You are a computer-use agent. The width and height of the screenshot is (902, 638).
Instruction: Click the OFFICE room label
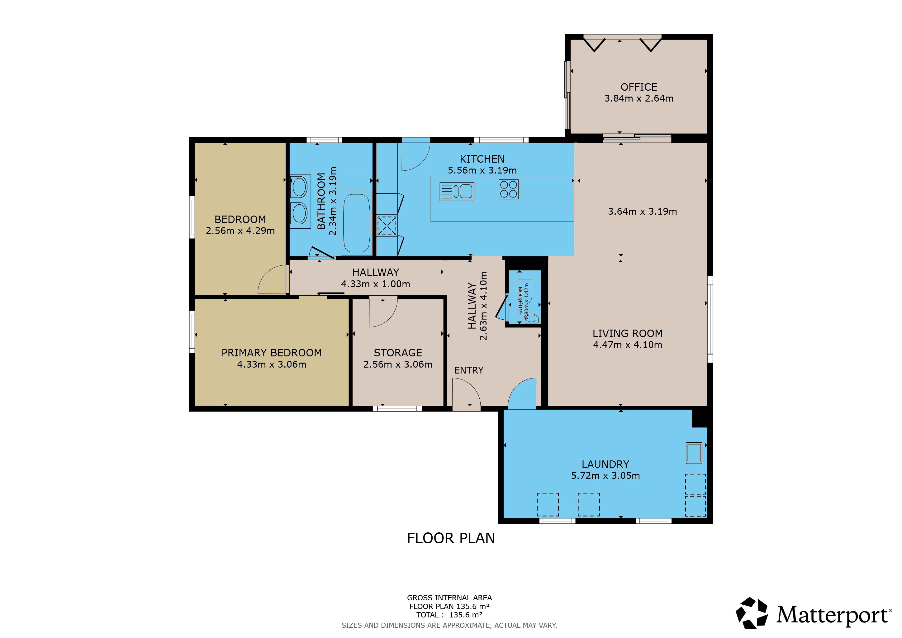pyautogui.click(x=639, y=87)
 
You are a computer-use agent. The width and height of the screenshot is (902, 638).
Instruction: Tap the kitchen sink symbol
pyautogui.click(x=457, y=192)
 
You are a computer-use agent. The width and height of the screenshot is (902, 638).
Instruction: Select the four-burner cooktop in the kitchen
pyautogui.click(x=508, y=189)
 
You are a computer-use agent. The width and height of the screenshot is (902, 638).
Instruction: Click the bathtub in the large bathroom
pyautogui.click(x=356, y=223)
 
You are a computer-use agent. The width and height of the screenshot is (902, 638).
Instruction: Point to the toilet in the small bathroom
pyautogui.click(x=531, y=318)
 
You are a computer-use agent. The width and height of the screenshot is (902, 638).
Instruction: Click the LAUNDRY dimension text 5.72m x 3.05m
pyautogui.click(x=605, y=476)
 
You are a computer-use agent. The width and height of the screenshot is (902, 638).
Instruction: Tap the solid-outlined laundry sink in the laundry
pyautogui.click(x=694, y=453)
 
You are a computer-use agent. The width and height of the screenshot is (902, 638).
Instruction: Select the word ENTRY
pyautogui.click(x=469, y=370)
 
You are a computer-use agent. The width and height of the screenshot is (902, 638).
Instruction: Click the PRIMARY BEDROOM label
pyautogui.click(x=272, y=353)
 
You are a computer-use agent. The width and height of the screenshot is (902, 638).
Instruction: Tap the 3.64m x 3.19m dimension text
pyautogui.click(x=642, y=211)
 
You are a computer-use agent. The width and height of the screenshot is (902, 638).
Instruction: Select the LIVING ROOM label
pyautogui.click(x=627, y=334)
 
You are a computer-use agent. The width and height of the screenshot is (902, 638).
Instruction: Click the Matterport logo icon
pyautogui.click(x=752, y=613)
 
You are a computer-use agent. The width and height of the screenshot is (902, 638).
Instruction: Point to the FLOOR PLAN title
pyautogui.click(x=451, y=538)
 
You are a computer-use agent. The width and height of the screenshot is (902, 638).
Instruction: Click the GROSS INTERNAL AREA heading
pyautogui.click(x=449, y=598)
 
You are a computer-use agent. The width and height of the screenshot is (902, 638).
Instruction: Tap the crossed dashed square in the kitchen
pyautogui.click(x=387, y=226)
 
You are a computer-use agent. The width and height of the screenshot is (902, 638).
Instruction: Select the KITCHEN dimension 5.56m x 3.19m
pyautogui.click(x=482, y=170)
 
